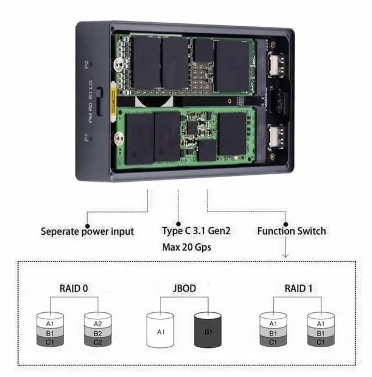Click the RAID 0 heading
(74, 288)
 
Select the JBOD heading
(184, 288)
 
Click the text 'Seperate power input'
(87, 231)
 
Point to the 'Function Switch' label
(291, 231)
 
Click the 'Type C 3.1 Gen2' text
(196, 231)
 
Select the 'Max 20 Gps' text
(186, 247)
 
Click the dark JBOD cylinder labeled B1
(208, 332)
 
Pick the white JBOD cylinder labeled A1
(160, 332)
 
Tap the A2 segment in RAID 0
(97, 323)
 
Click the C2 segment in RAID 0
(97, 342)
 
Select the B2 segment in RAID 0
(97, 333)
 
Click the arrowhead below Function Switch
(285, 255)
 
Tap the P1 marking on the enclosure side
(86, 138)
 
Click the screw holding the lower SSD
(120, 138)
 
